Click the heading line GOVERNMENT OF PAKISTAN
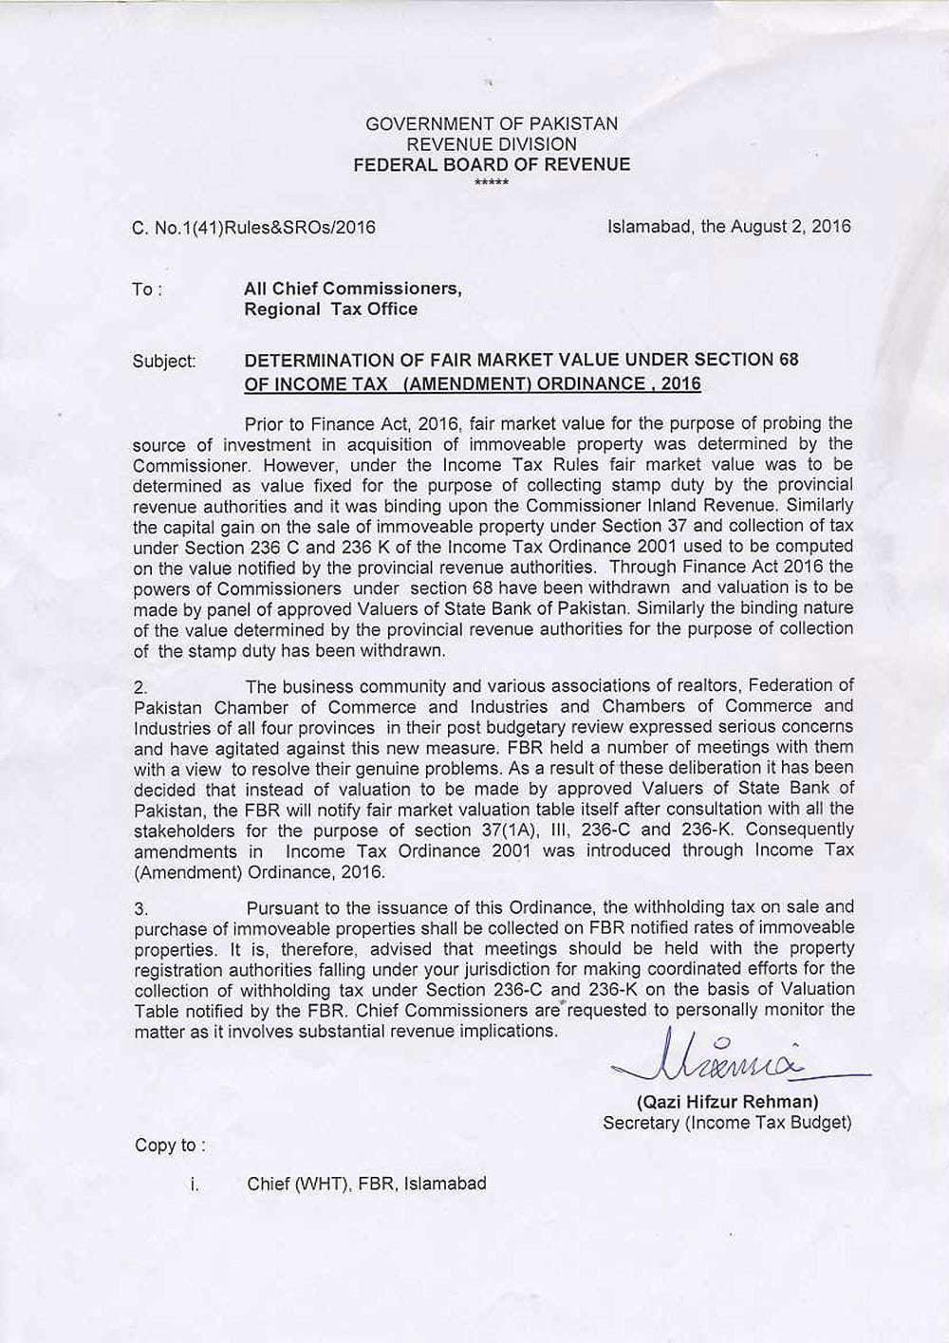click(x=491, y=123)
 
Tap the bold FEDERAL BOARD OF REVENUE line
click(x=491, y=164)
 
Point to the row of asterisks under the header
click(x=491, y=182)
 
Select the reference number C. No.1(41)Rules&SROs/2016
click(x=253, y=227)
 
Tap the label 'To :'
click(x=147, y=289)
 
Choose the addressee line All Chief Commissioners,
click(x=352, y=289)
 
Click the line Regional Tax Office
click(x=330, y=309)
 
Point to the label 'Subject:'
click(x=164, y=362)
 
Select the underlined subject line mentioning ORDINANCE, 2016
click(x=472, y=384)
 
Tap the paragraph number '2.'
click(x=140, y=687)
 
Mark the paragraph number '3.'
click(x=140, y=909)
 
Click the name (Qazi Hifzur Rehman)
click(x=727, y=1102)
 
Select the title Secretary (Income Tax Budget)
click(x=727, y=1123)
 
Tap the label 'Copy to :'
click(x=170, y=1146)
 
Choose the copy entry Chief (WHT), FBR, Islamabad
click(x=366, y=1184)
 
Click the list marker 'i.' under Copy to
click(x=195, y=1184)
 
